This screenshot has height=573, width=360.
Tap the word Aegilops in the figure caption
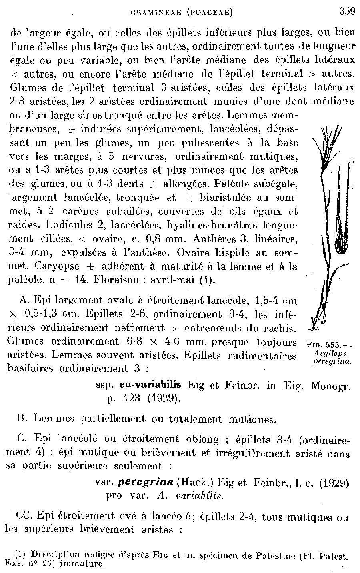click(x=331, y=353)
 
